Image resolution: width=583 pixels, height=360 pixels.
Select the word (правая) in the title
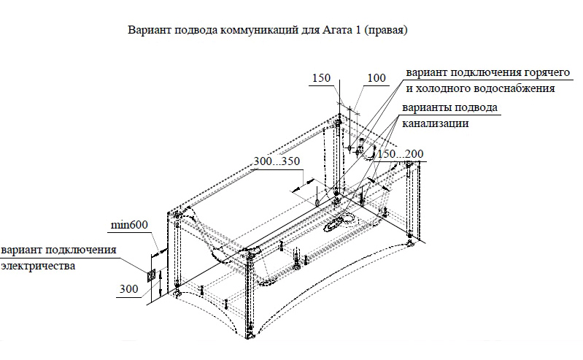385,32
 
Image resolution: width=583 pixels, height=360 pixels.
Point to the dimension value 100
377,78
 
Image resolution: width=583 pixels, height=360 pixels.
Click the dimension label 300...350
277,161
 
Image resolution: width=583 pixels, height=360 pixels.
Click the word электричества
38,267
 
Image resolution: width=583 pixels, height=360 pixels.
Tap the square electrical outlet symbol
151,275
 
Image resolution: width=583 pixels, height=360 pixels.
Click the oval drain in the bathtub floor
337,222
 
